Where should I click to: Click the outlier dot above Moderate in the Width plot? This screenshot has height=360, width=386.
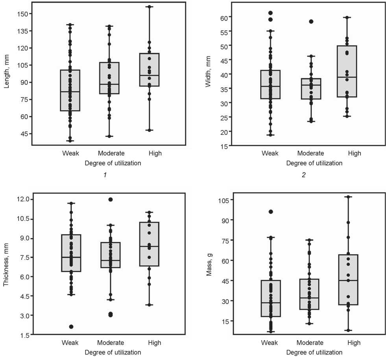coord(311,22)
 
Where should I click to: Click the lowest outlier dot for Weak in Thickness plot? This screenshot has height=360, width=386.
coord(71,327)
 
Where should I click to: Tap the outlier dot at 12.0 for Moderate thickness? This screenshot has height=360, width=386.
coord(111,200)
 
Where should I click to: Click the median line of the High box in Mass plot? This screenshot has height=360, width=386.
coord(348,280)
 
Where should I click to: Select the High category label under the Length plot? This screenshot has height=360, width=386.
coord(155,153)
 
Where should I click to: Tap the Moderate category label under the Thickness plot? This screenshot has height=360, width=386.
coord(111,343)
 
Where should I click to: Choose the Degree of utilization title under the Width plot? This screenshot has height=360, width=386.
coord(314,163)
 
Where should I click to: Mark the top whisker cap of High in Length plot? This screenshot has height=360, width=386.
coord(149,7)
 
